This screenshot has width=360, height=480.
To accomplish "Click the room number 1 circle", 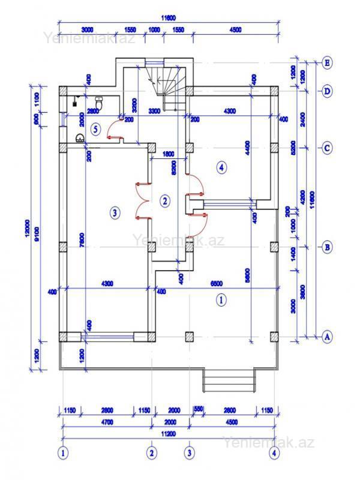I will (220, 300).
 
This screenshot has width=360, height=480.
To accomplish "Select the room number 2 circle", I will (165, 201).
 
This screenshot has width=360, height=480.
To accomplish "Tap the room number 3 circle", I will (115, 212).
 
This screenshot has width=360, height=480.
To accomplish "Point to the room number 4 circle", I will (222, 167).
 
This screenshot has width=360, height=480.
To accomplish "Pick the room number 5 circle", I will (95, 129).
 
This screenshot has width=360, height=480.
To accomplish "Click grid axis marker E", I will (328, 62).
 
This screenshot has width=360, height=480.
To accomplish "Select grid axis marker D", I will (328, 91).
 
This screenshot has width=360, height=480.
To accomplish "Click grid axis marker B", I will (328, 247).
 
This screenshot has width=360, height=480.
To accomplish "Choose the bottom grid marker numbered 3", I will (190, 452).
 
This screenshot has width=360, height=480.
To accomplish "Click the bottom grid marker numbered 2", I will (152, 452).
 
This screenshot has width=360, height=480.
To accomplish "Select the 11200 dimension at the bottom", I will (169, 434).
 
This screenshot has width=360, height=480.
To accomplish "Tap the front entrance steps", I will (229, 379).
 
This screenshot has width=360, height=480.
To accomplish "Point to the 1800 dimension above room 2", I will (169, 154).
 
